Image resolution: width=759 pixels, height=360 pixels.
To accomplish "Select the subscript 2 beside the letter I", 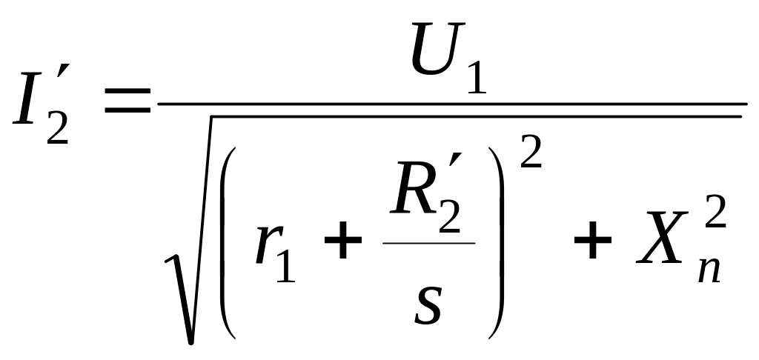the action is click(x=58, y=127).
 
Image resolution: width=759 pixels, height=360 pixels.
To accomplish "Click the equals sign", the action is click(x=127, y=101).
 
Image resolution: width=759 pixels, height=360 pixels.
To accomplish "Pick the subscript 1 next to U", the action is click(x=477, y=77).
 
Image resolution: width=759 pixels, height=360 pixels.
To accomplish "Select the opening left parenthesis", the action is click(x=228, y=243).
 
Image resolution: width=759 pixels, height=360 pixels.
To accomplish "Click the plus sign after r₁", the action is click(x=342, y=241).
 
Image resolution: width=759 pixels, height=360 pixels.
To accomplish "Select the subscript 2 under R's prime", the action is click(x=449, y=216).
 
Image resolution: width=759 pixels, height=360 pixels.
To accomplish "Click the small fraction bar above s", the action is click(x=429, y=244).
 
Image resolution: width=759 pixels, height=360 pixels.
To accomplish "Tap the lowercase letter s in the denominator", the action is click(x=428, y=305).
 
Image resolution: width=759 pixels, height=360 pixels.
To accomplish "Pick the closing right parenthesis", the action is click(x=496, y=243).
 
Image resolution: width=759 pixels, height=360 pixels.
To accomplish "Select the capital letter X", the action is click(x=663, y=238).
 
